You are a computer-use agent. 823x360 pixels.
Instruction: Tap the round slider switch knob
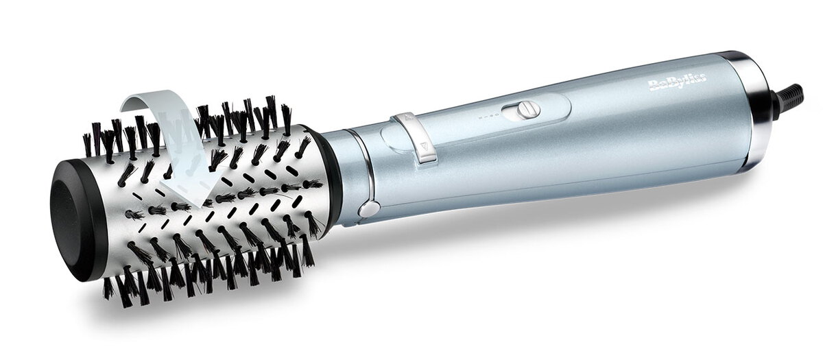tap(528, 109)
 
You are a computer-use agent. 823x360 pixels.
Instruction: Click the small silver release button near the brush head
tap(369, 208)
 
